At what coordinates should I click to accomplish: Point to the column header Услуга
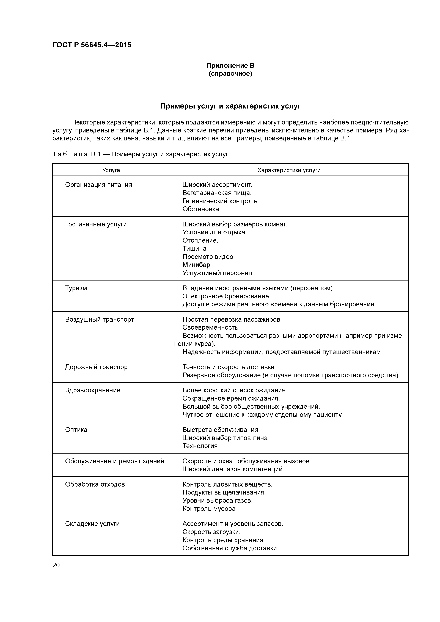tap(111, 170)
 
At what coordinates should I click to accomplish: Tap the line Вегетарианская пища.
tap(217, 193)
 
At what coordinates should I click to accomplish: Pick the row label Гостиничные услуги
tap(96, 224)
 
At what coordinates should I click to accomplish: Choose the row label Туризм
tap(76, 288)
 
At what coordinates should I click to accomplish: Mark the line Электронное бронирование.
tap(226, 296)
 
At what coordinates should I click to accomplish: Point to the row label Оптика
tap(76, 430)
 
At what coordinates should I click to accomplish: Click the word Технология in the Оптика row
tap(200, 446)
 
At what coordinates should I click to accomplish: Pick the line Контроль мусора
tap(209, 509)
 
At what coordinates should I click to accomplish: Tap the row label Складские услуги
tap(92, 524)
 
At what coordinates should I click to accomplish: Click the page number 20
tap(56, 565)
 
